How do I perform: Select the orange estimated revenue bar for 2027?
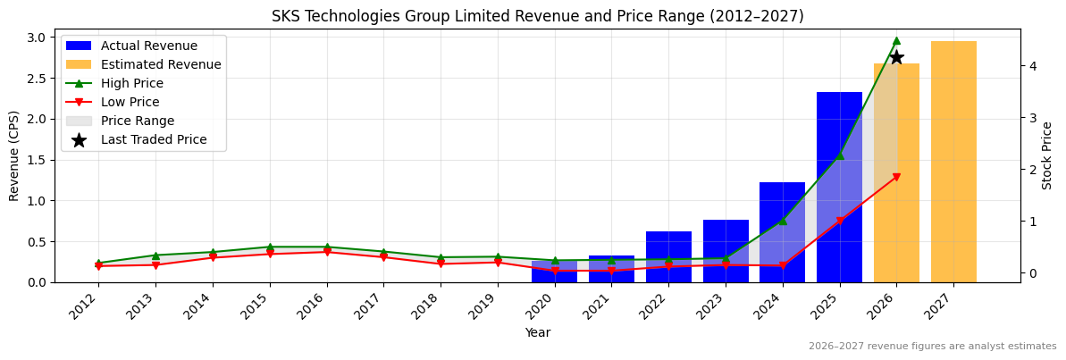click(953, 162)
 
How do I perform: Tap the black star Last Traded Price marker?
click(896, 57)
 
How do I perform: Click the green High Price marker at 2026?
click(896, 40)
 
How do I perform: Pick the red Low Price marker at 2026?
click(896, 177)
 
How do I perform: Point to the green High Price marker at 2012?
click(98, 263)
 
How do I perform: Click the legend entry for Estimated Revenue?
click(161, 64)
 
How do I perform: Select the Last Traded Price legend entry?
click(153, 139)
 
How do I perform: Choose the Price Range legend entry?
click(137, 121)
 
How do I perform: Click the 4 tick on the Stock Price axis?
click(1032, 66)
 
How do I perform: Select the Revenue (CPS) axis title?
click(14, 155)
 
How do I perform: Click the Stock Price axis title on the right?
click(1047, 155)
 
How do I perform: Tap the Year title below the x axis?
click(537, 332)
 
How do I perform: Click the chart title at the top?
click(537, 16)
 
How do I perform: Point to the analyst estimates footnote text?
click(932, 347)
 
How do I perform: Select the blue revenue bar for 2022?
click(668, 257)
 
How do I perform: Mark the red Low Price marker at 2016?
click(327, 252)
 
